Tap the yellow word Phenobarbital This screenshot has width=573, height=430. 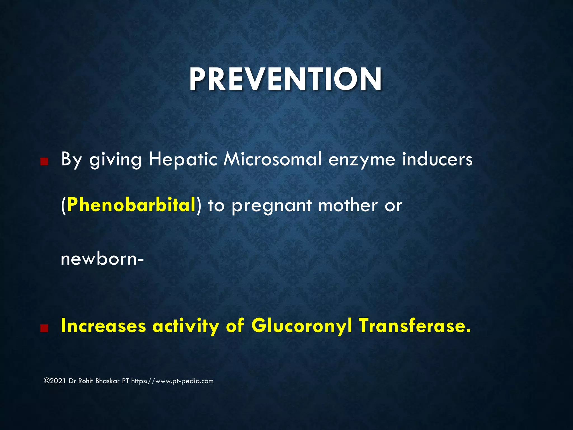131,205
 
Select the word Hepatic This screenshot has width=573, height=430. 183,159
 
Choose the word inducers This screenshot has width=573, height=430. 437,159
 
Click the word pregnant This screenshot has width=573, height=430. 271,206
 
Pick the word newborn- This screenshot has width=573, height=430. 102,259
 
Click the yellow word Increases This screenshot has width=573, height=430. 103,326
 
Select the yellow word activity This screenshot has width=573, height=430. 186,326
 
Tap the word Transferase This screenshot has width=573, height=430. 415,326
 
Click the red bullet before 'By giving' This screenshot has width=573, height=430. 44,162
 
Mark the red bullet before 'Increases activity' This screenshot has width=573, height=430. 44,328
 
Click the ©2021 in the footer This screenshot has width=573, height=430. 55,381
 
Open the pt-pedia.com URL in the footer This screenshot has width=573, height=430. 172,381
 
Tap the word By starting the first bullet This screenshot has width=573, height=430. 71,160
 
